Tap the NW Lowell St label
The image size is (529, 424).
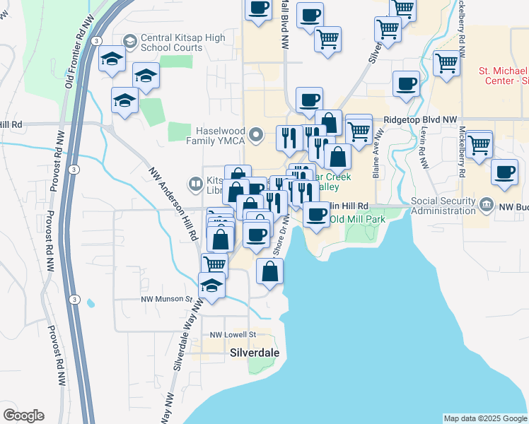[x=231, y=334]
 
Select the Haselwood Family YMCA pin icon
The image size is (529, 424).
[x=260, y=132]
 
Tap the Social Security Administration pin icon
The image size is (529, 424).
[x=485, y=206]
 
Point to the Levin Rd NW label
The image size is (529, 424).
[x=422, y=148]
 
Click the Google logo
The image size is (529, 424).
[x=23, y=416]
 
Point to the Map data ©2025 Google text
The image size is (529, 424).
[x=484, y=418]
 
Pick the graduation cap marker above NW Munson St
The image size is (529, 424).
[x=212, y=285]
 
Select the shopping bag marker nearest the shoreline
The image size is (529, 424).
[x=269, y=272]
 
